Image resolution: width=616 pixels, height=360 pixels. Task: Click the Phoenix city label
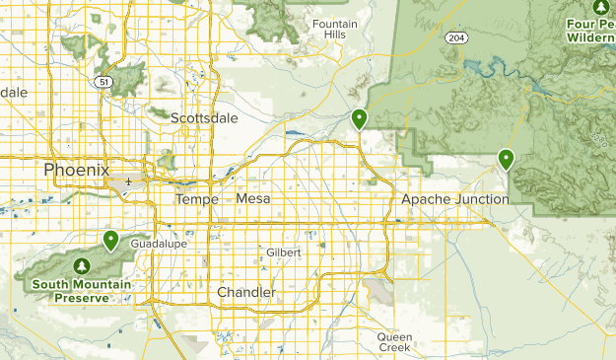click(x=76, y=170)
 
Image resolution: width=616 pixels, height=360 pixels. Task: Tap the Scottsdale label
click(x=204, y=117)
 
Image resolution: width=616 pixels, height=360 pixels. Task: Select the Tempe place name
click(x=195, y=199)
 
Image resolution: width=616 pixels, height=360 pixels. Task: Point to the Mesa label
click(x=253, y=199)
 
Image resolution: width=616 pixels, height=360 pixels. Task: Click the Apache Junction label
click(x=455, y=199)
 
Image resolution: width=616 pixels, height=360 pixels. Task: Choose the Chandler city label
click(x=246, y=292)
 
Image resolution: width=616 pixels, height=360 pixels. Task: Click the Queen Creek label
click(x=394, y=341)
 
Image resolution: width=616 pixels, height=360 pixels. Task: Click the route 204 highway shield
click(x=455, y=37)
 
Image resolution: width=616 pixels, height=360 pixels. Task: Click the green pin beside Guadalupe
click(x=110, y=240)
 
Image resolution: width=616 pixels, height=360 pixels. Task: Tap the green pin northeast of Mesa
click(x=360, y=118)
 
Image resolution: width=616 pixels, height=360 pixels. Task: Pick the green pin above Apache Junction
click(x=506, y=158)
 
